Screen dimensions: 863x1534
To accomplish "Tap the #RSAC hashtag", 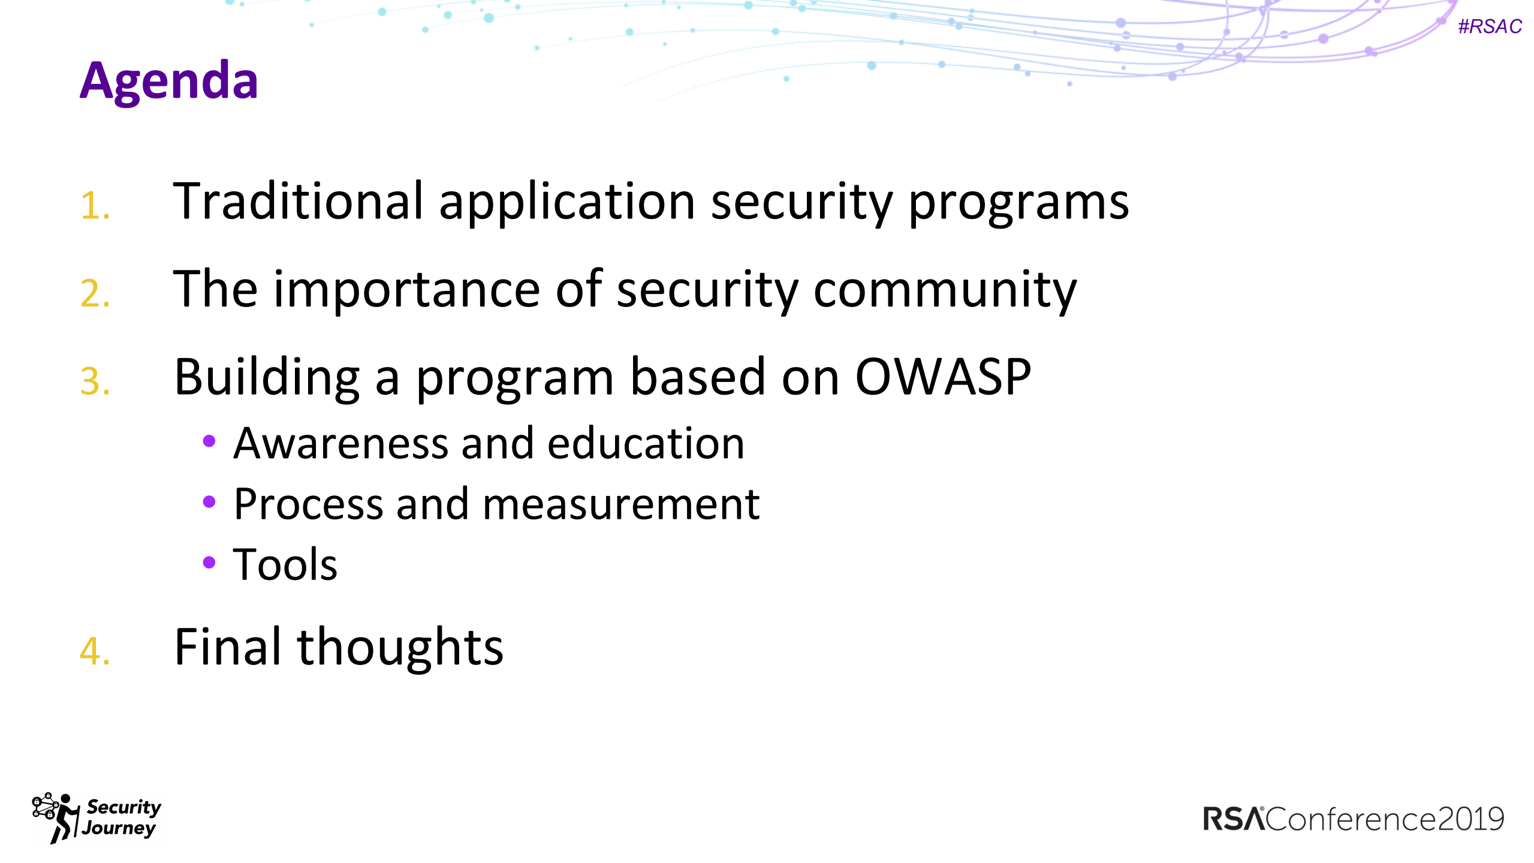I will point(1490,27).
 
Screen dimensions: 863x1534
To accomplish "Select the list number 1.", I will point(95,206).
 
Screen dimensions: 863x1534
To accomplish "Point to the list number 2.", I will point(95,294).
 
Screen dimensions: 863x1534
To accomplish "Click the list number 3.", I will point(95,381).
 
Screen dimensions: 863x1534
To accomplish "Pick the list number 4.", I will point(95,651).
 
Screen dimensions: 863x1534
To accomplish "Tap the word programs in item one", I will point(1018,204).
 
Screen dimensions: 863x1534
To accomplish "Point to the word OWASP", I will point(942,377).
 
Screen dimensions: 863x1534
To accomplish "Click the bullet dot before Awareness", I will point(209,442).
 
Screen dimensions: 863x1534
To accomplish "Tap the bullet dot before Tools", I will point(209,563).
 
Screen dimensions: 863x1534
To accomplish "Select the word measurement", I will point(621,505).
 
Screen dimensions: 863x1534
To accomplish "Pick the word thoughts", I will point(400,648).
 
